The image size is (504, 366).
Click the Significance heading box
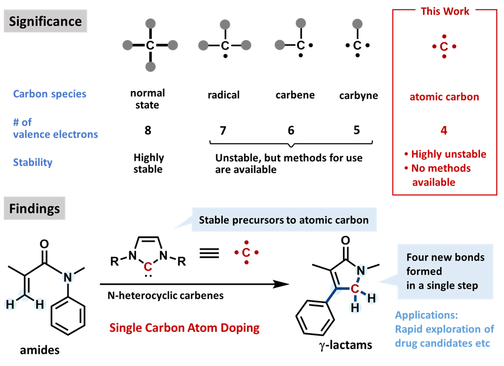pos(45,22)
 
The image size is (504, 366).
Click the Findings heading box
pos(34,209)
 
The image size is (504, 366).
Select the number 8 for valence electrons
pos(148,130)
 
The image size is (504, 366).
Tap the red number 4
pos(444,131)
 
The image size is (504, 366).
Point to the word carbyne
pos(358,95)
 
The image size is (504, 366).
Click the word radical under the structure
pos(224,95)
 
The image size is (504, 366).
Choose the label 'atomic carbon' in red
pos(444,97)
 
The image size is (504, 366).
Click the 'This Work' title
pos(445,11)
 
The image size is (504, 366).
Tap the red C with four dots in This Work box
pos(444,46)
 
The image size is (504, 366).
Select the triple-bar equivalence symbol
pos(211,252)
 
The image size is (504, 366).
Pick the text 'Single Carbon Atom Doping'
pos(184,327)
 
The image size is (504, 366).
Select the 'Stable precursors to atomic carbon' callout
pos(284,220)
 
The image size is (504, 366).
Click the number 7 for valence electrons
pos(223,130)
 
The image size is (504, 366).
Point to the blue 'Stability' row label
pos(33,162)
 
